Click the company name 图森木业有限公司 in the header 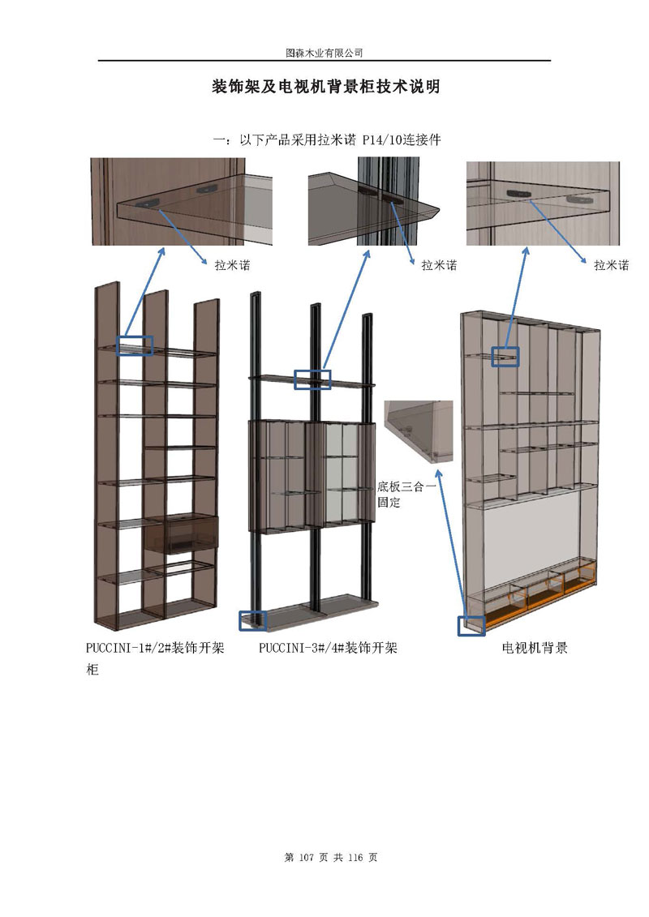324,52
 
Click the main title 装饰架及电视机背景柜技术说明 325,87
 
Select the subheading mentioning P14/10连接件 326,139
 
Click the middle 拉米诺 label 439,265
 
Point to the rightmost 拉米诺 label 611,265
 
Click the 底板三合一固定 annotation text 406,494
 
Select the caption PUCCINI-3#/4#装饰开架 328,648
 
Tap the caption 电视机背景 535,648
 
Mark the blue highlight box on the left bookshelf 135,345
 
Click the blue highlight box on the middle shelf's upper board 312,379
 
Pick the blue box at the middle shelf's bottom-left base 251,620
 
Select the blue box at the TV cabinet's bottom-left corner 471,625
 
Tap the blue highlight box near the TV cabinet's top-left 505,356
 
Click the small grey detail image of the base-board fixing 419,431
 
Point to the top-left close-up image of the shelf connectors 182,202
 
